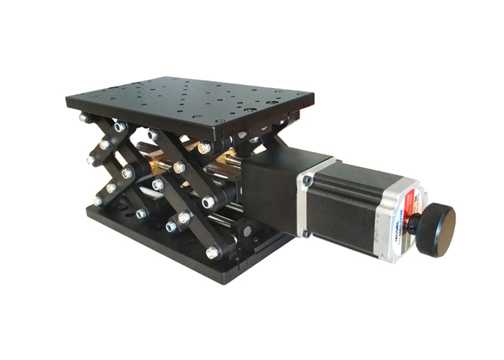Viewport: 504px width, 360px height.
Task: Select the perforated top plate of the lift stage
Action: pyautogui.click(x=187, y=101)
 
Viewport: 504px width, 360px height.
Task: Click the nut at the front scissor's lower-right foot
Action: pyautogui.click(x=212, y=253)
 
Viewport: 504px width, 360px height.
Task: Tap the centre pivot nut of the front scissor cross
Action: pyautogui.click(x=179, y=167)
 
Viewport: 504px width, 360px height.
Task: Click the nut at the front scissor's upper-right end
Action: pyautogui.click(x=204, y=148)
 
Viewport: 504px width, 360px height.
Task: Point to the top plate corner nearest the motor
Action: pyautogui.click(x=310, y=97)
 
